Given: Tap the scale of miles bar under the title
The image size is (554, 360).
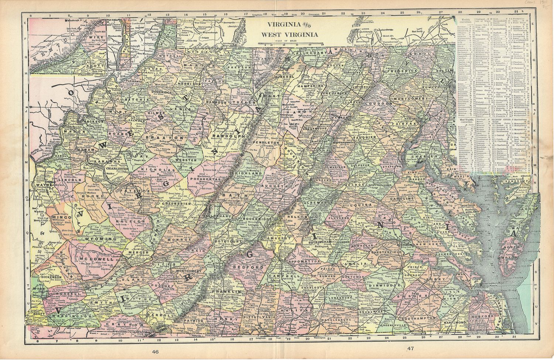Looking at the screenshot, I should click(x=290, y=44).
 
